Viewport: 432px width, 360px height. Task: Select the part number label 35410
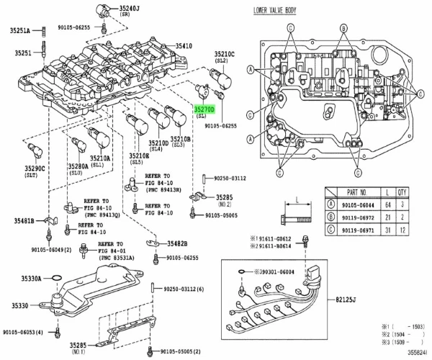pyautogui.click(x=183, y=45)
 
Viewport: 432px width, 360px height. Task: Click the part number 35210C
pyautogui.click(x=224, y=54)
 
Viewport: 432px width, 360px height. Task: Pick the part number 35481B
pyautogui.click(x=23, y=220)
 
